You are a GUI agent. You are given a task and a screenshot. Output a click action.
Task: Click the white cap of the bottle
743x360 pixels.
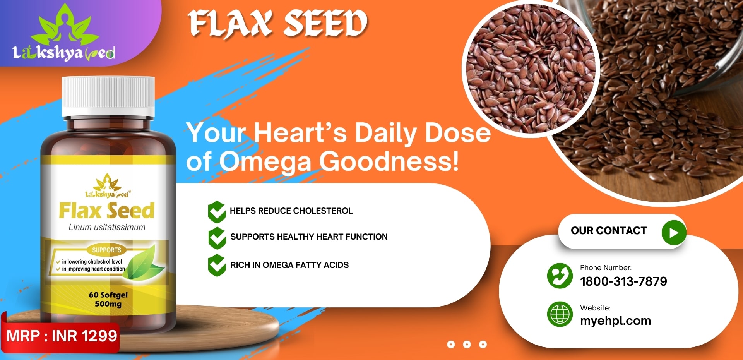coord(108,96)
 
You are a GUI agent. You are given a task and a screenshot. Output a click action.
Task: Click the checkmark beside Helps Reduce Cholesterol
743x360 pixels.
coord(217,211)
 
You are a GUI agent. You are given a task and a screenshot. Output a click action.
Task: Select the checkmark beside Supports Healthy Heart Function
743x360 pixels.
coord(217,238)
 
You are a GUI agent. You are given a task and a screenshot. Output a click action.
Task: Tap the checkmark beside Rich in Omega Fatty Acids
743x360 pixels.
coord(217,265)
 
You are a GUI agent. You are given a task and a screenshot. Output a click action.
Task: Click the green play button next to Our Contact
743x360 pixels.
coord(674,233)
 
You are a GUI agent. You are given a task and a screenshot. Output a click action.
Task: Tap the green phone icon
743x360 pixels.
coord(560,276)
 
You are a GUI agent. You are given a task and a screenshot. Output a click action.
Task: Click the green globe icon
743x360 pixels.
coord(560,314)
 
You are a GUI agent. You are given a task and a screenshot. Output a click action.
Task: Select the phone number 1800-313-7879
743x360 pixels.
coord(623,281)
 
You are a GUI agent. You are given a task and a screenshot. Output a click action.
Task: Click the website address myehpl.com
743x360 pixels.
coord(615,321)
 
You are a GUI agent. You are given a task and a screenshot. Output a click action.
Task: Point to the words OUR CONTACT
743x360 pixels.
coord(609,231)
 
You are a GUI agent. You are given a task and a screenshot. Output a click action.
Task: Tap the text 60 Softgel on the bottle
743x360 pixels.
coord(108,295)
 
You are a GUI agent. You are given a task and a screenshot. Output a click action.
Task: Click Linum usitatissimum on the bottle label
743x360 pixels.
coord(107,227)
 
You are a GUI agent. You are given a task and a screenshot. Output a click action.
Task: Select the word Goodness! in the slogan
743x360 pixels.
coord(389,161)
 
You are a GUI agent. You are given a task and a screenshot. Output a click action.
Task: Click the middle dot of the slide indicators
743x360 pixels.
coord(467,344)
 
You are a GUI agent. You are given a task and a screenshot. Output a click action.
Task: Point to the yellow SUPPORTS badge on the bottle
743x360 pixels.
coord(106,250)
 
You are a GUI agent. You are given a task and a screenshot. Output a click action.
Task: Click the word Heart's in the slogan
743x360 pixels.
coord(300,133)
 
